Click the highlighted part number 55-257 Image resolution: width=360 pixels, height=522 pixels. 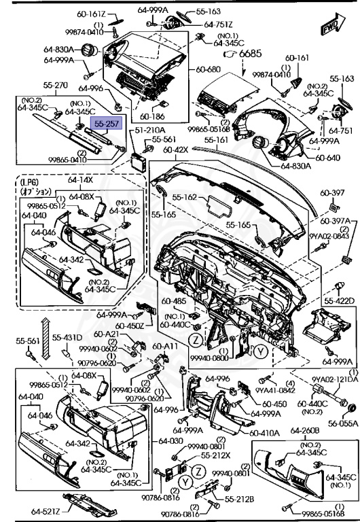point(107,125)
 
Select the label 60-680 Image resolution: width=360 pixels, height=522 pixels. point(209,69)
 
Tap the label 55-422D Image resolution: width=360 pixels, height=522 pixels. point(340,300)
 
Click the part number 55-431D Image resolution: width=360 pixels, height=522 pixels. point(68,338)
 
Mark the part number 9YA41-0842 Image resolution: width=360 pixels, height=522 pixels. point(274,390)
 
